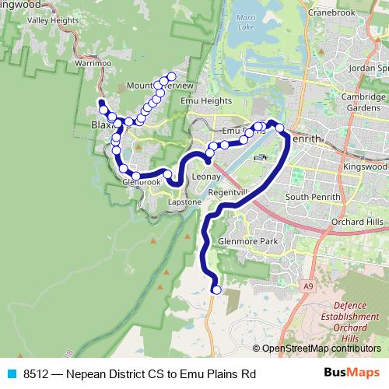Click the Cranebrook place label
331,12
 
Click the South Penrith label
313,197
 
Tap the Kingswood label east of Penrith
366,166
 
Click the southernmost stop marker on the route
216,290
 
